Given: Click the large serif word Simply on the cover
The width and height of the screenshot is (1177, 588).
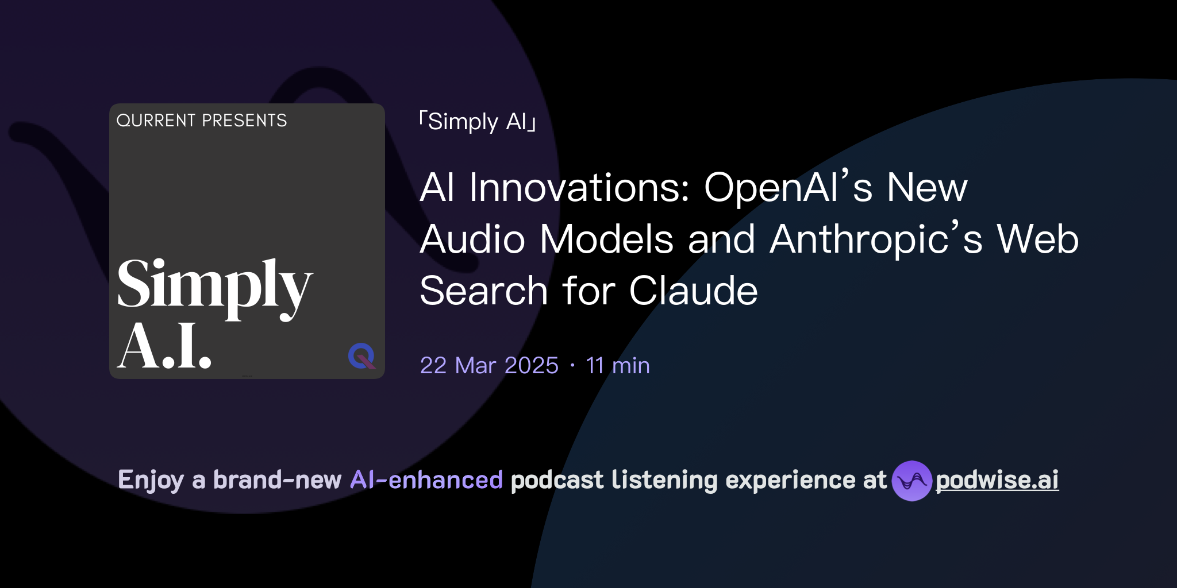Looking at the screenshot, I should (214, 286).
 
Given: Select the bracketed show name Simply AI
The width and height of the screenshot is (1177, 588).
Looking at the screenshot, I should (478, 122).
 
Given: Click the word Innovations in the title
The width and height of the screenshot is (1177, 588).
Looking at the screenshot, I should (579, 188).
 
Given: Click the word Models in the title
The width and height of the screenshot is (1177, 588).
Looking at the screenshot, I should (606, 239).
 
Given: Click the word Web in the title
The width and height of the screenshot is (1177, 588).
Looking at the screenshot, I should (1038, 239).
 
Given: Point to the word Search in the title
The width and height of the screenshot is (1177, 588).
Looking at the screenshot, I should (483, 291).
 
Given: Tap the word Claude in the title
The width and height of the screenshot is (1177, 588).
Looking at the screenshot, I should (693, 291).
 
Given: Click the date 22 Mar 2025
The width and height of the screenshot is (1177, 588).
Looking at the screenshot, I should (489, 366).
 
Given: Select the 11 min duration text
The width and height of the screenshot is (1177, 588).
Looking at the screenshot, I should (618, 366).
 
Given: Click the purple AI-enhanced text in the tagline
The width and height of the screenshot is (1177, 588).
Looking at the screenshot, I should (426, 480).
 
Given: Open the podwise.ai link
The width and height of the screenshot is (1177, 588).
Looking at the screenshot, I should (997, 480).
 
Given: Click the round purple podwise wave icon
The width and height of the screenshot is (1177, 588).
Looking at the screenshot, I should (911, 481).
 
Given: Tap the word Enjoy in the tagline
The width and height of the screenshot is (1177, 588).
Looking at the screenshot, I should (151, 480).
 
